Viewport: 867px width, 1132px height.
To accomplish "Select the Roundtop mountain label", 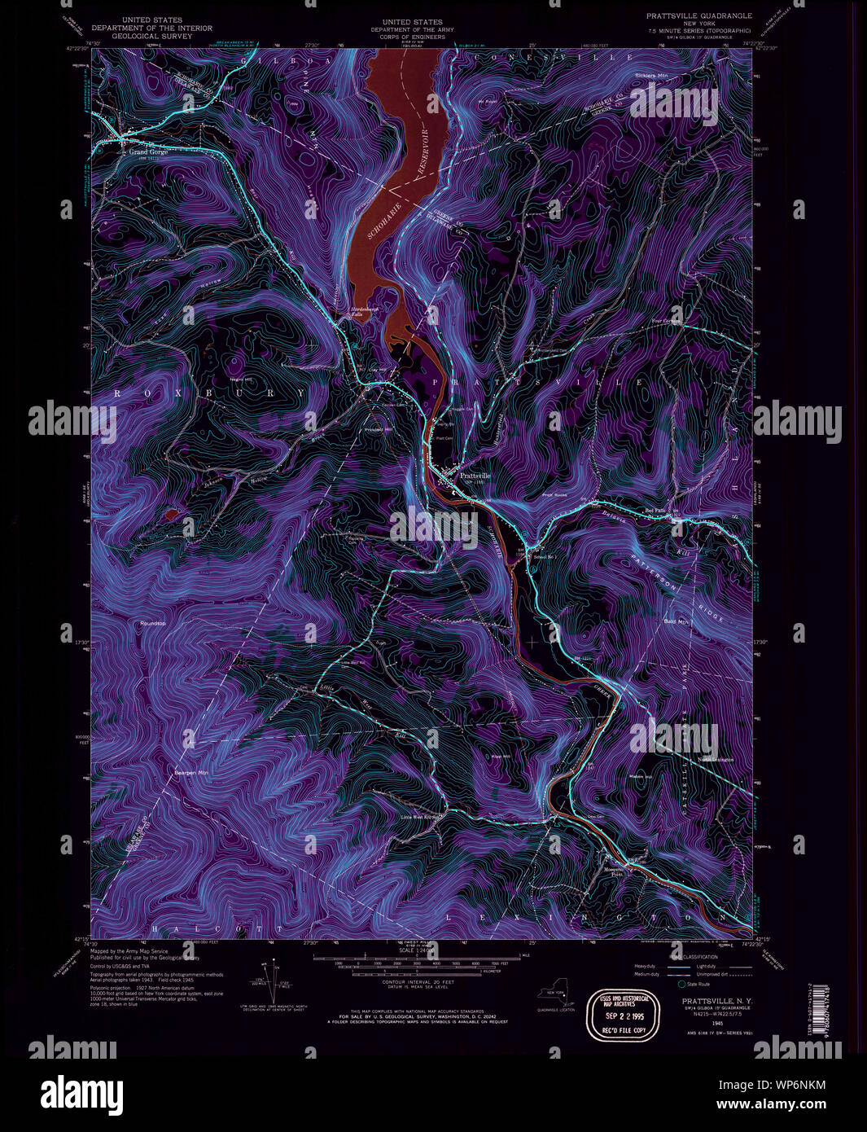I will click(152, 624).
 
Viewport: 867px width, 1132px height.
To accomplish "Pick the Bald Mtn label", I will click(676, 621).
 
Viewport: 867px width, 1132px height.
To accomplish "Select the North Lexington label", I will click(716, 760).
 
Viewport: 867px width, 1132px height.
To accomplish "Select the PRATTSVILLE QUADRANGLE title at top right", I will click(698, 15).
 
